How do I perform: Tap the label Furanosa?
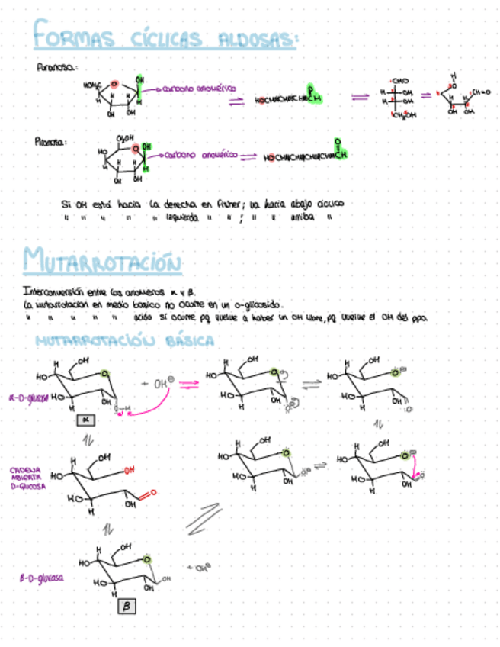pyautogui.click(x=55, y=68)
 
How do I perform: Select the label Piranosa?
pyautogui.click(x=52, y=141)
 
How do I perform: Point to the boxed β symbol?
pyautogui.click(x=127, y=606)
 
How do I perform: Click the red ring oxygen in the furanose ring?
pyautogui.click(x=113, y=84)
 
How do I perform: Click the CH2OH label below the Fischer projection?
pyautogui.click(x=401, y=116)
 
